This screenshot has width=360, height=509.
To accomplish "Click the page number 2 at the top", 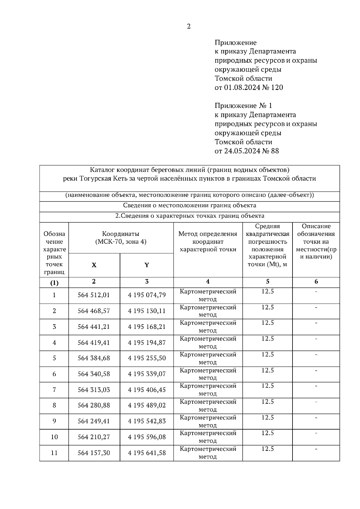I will click(x=189, y=26).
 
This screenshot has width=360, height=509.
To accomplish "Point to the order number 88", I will click(x=275, y=151).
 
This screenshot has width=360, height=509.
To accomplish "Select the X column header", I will click(x=94, y=265).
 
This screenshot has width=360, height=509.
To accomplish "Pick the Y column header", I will click(x=146, y=265).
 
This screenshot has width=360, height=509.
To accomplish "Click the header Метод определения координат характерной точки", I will click(x=208, y=242).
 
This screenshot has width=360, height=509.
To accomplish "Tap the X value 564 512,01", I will click(x=94, y=295).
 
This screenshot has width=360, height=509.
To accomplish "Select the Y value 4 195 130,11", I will click(x=147, y=311).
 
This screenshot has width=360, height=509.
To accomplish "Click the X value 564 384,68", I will click(x=94, y=358).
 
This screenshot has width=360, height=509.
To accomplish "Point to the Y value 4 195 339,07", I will click(x=147, y=374).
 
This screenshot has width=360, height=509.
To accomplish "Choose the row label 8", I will click(x=54, y=406).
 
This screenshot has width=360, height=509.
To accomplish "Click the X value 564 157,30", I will click(x=94, y=453).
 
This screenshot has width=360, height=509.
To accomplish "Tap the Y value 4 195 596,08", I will click(x=147, y=437).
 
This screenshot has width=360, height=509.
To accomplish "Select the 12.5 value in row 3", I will click(x=268, y=323).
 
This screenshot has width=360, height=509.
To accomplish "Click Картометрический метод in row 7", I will click(x=208, y=390).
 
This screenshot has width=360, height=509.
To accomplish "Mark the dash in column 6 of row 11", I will click(x=316, y=449).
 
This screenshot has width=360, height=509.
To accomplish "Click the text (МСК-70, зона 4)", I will click(x=121, y=242).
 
